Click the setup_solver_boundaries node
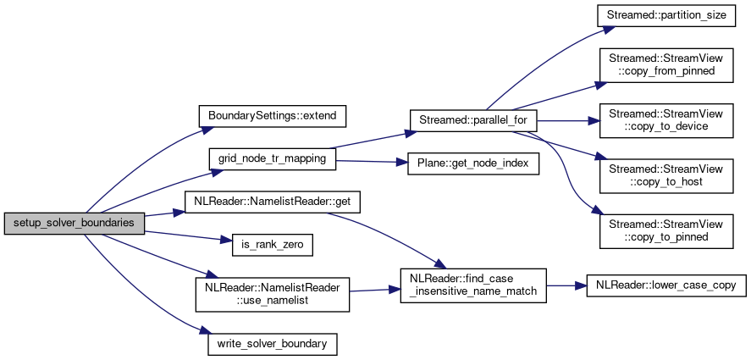click(x=75, y=223)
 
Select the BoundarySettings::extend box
click(x=272, y=114)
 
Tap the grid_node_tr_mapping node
click(x=272, y=158)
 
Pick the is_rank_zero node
click(x=272, y=246)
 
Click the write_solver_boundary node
click(x=272, y=344)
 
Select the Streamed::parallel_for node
click(x=472, y=120)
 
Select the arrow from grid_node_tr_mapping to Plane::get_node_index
click(x=373, y=161)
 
